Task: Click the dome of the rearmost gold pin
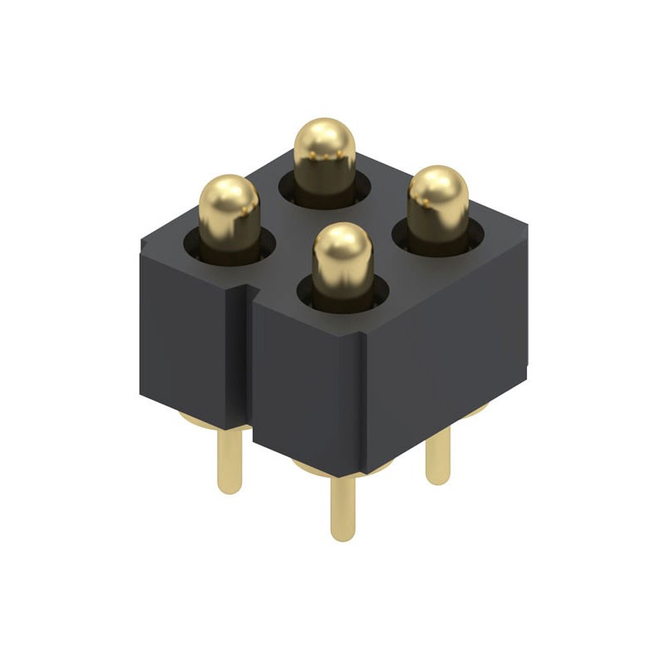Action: [x=325, y=141]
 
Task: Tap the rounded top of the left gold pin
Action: [x=229, y=198]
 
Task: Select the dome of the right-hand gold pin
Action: [x=438, y=190]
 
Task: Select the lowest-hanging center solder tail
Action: [x=342, y=507]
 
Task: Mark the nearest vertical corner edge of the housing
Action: [x=363, y=399]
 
